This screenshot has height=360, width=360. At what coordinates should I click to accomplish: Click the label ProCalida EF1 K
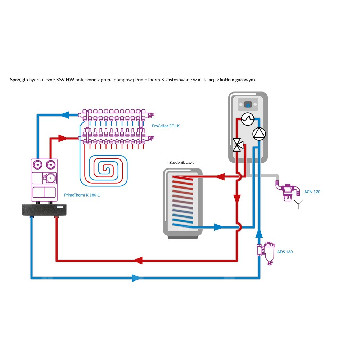tap(166, 126)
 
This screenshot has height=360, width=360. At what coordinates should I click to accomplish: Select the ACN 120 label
tap(312, 192)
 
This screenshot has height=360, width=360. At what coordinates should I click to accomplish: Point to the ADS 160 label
tap(284, 252)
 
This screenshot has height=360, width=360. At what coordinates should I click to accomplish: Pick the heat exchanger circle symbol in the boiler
tap(247, 119)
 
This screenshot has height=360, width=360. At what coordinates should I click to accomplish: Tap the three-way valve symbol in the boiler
tap(238, 145)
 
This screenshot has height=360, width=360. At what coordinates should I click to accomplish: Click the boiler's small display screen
tap(248, 105)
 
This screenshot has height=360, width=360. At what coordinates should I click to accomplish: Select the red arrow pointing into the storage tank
tap(220, 177)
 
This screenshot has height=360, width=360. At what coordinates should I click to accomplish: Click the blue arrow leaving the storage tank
tap(218, 227)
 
